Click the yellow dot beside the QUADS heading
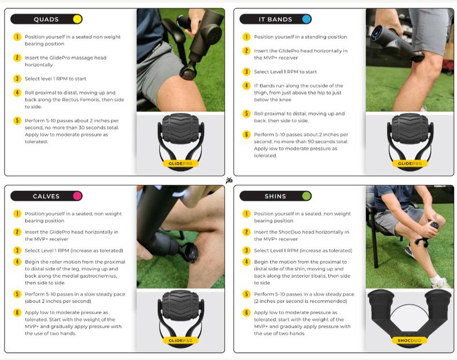click(77, 19)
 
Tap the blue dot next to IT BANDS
click(306, 19)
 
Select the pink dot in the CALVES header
click(77, 196)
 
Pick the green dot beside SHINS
click(306, 196)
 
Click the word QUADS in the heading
click(46, 19)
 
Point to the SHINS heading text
click(275, 197)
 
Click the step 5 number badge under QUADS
click(17, 121)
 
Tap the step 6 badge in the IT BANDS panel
click(247, 135)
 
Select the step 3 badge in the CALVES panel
click(17, 250)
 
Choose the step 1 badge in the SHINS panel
click(247, 214)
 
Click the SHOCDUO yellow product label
click(409, 341)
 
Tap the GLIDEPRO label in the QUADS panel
click(181, 163)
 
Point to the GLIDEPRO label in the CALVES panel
click(181, 341)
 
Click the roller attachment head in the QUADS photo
click(189, 73)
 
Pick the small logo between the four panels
click(229, 181)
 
